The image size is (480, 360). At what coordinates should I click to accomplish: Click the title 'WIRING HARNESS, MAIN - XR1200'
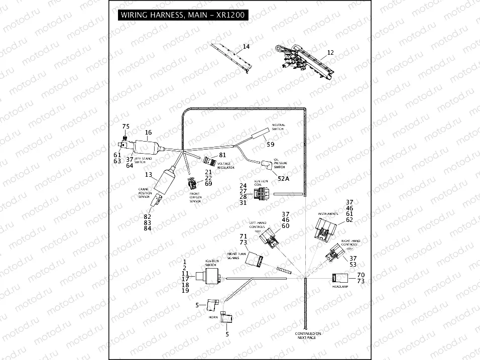[182, 15]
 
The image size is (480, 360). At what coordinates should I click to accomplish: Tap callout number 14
[246, 47]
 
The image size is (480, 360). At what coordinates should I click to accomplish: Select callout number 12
[330, 52]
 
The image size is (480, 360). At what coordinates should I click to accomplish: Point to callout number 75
[126, 127]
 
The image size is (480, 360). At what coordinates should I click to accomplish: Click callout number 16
[148, 133]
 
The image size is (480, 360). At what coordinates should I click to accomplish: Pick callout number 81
[222, 156]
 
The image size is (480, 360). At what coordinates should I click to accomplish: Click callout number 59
[271, 145]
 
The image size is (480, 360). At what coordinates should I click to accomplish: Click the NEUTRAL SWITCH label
[278, 127]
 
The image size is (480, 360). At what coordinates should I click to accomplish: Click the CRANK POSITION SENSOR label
[145, 192]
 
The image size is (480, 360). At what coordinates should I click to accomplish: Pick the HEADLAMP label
[339, 286]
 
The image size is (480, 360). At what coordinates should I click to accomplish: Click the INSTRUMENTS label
[328, 214]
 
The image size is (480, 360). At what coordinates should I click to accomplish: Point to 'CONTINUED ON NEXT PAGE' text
[308, 336]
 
